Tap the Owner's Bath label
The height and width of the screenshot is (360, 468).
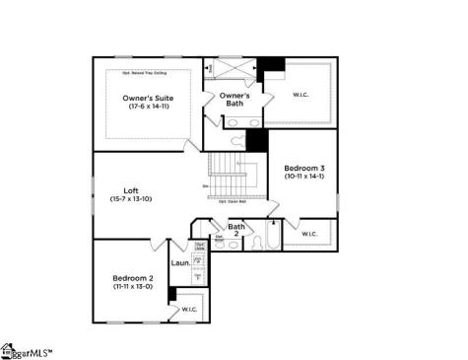(x=234, y=99)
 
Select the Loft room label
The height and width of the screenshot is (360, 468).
(x=131, y=190)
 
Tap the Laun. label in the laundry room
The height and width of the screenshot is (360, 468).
(x=179, y=263)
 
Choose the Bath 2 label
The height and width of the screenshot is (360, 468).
(x=236, y=228)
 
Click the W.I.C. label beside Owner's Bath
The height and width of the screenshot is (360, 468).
(x=301, y=96)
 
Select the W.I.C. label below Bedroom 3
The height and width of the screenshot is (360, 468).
(x=308, y=234)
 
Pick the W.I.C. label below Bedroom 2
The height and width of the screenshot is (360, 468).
(x=189, y=309)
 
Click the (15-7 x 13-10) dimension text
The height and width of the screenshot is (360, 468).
(x=131, y=199)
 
